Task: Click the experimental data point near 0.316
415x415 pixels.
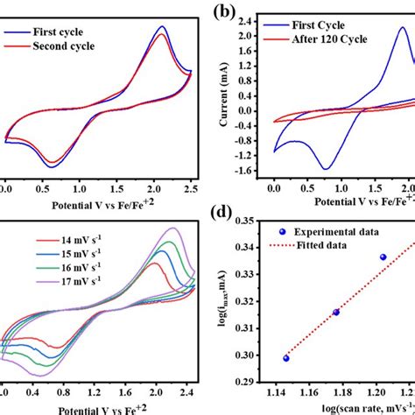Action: click(336, 313)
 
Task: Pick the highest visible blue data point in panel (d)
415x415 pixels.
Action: click(383, 257)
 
